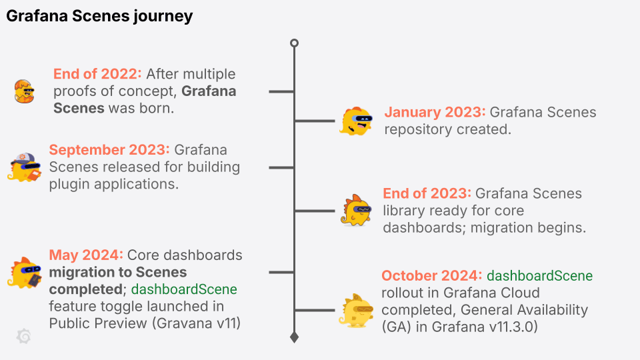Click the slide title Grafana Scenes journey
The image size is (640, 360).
point(99,17)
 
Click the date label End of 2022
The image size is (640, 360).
point(97,74)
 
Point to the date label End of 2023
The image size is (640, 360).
point(427,193)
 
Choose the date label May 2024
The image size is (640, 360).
point(86,255)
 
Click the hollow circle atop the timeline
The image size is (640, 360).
point(294,43)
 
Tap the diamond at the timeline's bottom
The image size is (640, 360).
point(294,337)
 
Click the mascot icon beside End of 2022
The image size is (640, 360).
point(24,91)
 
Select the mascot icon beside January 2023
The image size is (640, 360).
point(356,121)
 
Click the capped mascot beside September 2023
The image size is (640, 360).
point(25,167)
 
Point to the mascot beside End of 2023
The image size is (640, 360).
point(357,210)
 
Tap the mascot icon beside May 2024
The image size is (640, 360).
point(25,272)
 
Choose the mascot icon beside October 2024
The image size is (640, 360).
point(356,309)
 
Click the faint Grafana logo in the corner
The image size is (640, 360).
point(23,337)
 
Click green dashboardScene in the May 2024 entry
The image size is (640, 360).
point(184,289)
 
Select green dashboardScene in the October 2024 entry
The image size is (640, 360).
point(539,275)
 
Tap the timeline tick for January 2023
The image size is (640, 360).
point(315,121)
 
